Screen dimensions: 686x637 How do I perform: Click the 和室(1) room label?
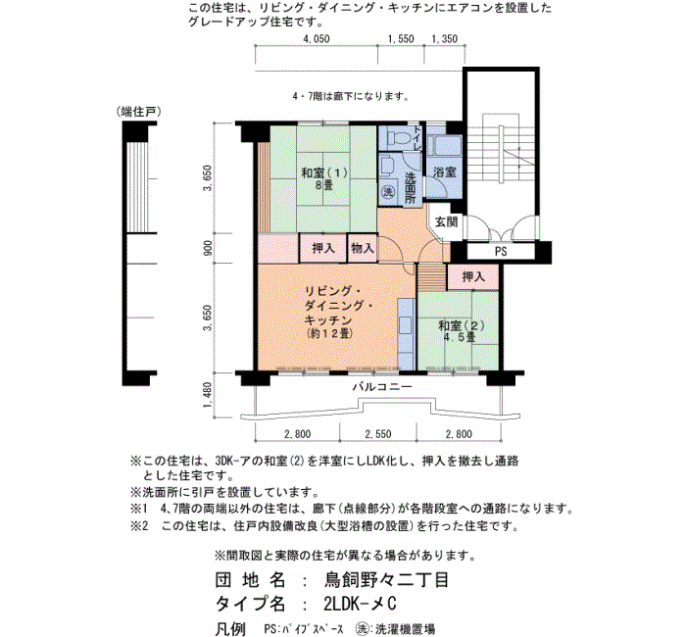pos(324,172)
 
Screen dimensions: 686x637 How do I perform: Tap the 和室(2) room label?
pos(462,326)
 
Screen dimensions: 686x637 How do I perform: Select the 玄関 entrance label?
pos(446,222)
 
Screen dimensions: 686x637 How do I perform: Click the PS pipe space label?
pos(501,252)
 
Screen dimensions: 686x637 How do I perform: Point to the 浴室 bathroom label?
pos(445,171)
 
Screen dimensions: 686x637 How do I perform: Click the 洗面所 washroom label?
pos(410,188)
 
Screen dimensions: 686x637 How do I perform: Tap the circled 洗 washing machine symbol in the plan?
pos(388,192)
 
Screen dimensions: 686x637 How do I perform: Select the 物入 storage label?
pos(363,249)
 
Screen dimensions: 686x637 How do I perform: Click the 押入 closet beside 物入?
pos(323,249)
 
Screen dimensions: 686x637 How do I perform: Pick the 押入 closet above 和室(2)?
pos(473,276)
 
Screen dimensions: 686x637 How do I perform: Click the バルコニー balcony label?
pos(382,387)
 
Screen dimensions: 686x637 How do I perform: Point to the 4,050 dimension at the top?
pos(317,39)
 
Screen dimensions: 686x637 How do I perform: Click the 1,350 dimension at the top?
pos(445,39)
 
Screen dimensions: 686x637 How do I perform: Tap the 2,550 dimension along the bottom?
pos(378,434)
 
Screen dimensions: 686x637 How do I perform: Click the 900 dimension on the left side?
pos(208,248)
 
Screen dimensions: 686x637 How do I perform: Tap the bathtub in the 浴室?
pos(445,146)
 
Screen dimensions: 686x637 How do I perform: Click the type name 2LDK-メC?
pos(360,604)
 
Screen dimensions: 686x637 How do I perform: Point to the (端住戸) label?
pos(139,112)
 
